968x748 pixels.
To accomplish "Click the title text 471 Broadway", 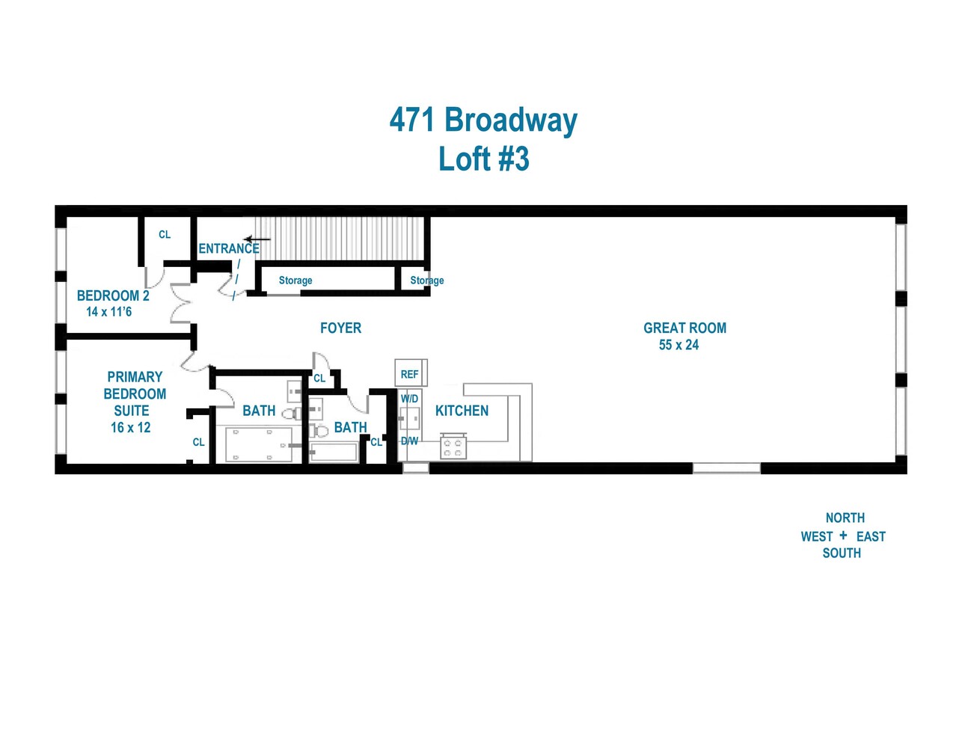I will pos(483,120).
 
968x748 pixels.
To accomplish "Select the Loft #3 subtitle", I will pos(483,159).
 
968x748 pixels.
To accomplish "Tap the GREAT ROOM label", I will pos(684,328).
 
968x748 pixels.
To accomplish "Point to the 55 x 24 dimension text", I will pos(678,345).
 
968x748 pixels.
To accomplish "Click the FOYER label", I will pos(340,328).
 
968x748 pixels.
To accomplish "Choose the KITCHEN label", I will pos(462,411).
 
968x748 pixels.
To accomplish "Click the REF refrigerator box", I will pos(410,373).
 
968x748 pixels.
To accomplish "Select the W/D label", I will pos(409,399).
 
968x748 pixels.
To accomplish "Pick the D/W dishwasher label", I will pos(409,441).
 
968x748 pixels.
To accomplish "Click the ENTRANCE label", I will pos(229,248).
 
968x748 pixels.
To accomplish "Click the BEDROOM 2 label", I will pos(113,295).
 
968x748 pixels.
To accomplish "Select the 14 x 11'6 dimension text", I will pos(109,312).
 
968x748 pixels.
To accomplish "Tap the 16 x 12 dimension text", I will pos(131,428).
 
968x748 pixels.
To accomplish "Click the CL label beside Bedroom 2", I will pos(165,234).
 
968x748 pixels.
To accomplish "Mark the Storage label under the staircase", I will pos(295,280).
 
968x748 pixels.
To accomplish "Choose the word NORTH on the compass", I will pos(845,518).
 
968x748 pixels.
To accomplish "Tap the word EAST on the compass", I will pos(871,536).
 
